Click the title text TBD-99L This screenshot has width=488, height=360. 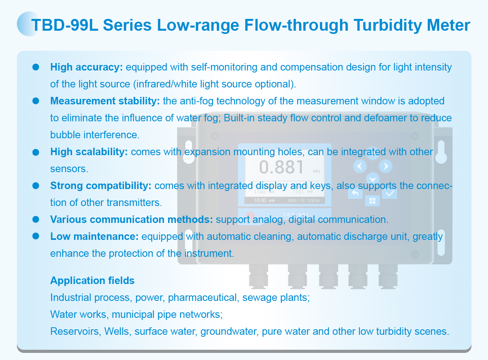[65, 25]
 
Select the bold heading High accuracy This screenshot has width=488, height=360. [87, 67]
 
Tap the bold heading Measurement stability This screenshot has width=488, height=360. [105, 101]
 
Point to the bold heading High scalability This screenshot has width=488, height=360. [89, 152]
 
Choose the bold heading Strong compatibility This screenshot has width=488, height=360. [101, 186]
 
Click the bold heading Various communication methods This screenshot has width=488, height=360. [131, 219]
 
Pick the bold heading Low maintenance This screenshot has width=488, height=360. [94, 236]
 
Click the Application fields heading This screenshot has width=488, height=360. [92, 280]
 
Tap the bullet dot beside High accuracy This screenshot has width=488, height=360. [36, 67]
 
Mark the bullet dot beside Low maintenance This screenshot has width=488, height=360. [36, 236]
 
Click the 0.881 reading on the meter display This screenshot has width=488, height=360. [281, 167]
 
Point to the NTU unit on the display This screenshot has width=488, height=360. [316, 171]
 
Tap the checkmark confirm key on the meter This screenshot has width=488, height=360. [390, 193]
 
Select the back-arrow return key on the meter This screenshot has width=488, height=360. [355, 193]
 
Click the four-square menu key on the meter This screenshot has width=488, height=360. [372, 201]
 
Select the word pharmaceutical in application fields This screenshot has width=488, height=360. [203, 298]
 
